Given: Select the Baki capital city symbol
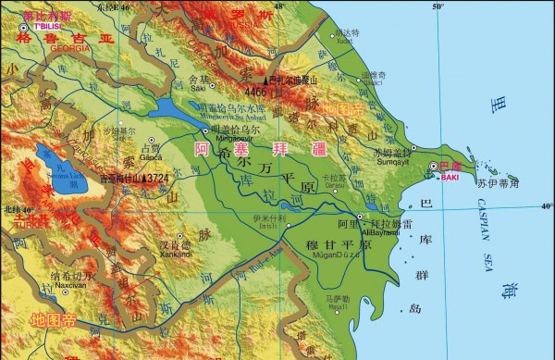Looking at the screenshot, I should pos(434,166).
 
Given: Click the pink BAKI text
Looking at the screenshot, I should pos(450,176).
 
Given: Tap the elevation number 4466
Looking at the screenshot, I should pos(256,93).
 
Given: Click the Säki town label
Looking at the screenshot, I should pos(199,88).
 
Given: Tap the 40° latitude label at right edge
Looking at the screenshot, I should pos(547,205).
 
